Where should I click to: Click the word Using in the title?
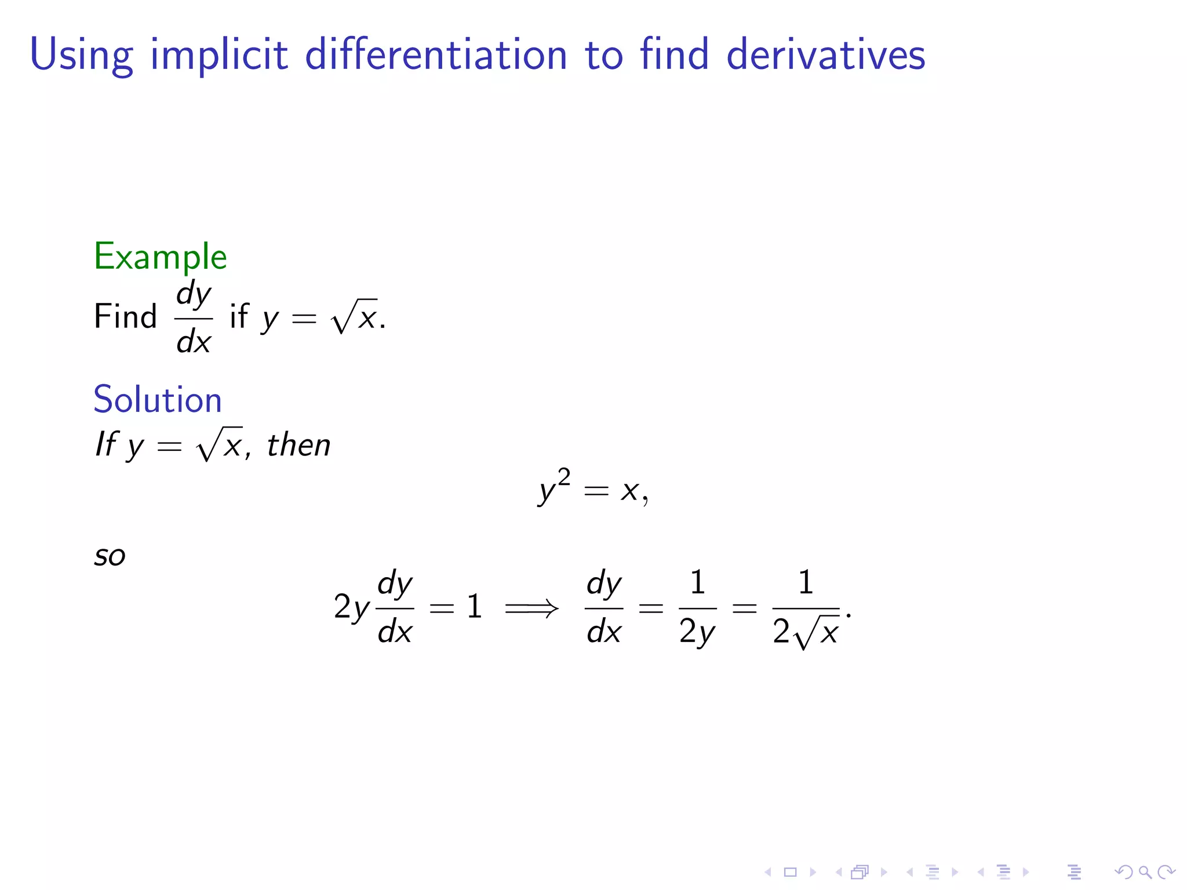coord(81,55)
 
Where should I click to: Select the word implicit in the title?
coord(219,55)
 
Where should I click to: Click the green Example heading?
coord(160,257)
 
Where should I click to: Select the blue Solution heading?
coord(158,399)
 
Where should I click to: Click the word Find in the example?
coord(125,317)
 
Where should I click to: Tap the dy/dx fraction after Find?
coord(194,318)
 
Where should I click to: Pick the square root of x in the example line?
coord(354,316)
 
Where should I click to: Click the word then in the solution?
coord(298,445)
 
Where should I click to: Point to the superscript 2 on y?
coord(564,477)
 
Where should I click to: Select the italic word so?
coord(110,556)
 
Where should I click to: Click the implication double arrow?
coord(531,608)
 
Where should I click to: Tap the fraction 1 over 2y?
coord(697,608)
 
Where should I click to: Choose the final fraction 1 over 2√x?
coord(806,609)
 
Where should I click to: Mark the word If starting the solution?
coord(107,444)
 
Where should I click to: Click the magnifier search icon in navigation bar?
coord(1145,871)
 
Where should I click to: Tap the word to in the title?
coord(604,55)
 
